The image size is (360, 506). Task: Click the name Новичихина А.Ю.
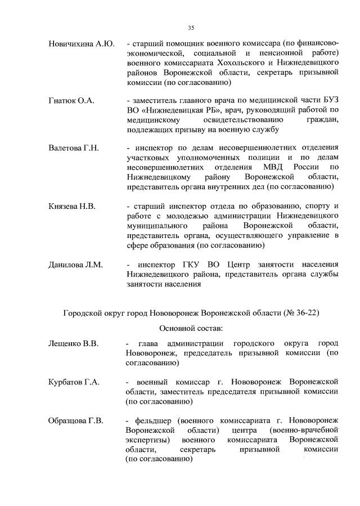(82, 44)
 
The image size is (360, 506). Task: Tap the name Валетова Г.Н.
(74, 148)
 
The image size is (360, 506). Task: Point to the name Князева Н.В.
(72, 207)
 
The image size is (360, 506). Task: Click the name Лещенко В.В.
(74, 343)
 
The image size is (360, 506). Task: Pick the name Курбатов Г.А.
(74, 382)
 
